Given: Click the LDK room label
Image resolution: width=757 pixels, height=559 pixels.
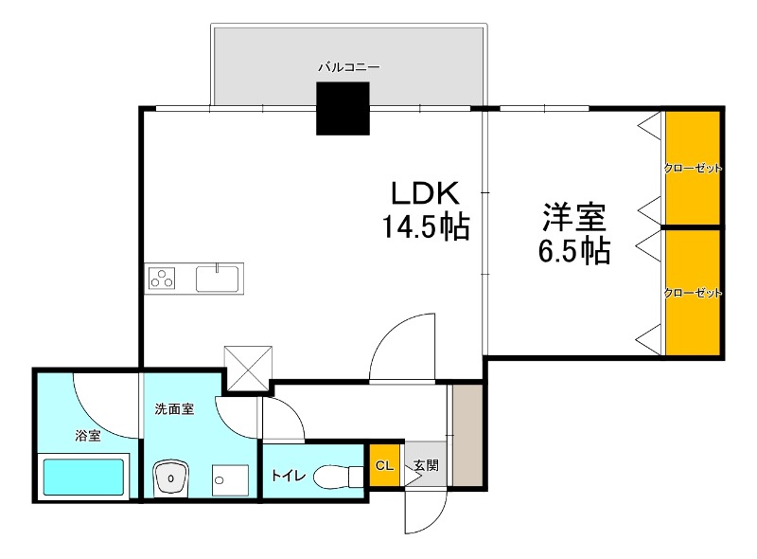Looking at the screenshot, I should tap(426, 193).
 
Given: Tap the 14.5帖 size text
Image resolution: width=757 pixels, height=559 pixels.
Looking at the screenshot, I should tap(426, 227).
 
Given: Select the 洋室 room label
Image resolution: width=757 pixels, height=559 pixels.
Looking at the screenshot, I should tap(573, 217).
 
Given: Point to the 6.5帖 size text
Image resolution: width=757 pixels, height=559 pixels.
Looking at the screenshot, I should tap(573, 251).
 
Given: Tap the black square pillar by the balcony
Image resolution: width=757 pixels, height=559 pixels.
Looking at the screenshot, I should tap(343, 110).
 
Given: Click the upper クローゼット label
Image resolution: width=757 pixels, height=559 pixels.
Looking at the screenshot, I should tap(693, 168).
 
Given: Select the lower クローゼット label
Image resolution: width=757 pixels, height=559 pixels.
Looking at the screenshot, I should tap(693, 293).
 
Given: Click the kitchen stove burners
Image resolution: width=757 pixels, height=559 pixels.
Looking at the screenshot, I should tap(163, 279).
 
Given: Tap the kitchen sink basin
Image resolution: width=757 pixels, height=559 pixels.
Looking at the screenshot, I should tap(219, 279).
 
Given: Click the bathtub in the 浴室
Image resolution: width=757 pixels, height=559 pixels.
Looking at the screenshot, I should tap(83, 478).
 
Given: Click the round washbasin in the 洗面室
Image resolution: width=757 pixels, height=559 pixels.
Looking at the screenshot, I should tap(171, 478).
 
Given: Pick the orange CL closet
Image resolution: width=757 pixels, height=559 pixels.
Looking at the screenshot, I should tap(384, 465).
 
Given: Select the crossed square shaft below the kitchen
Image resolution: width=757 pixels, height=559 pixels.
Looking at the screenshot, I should tap(248, 369).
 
